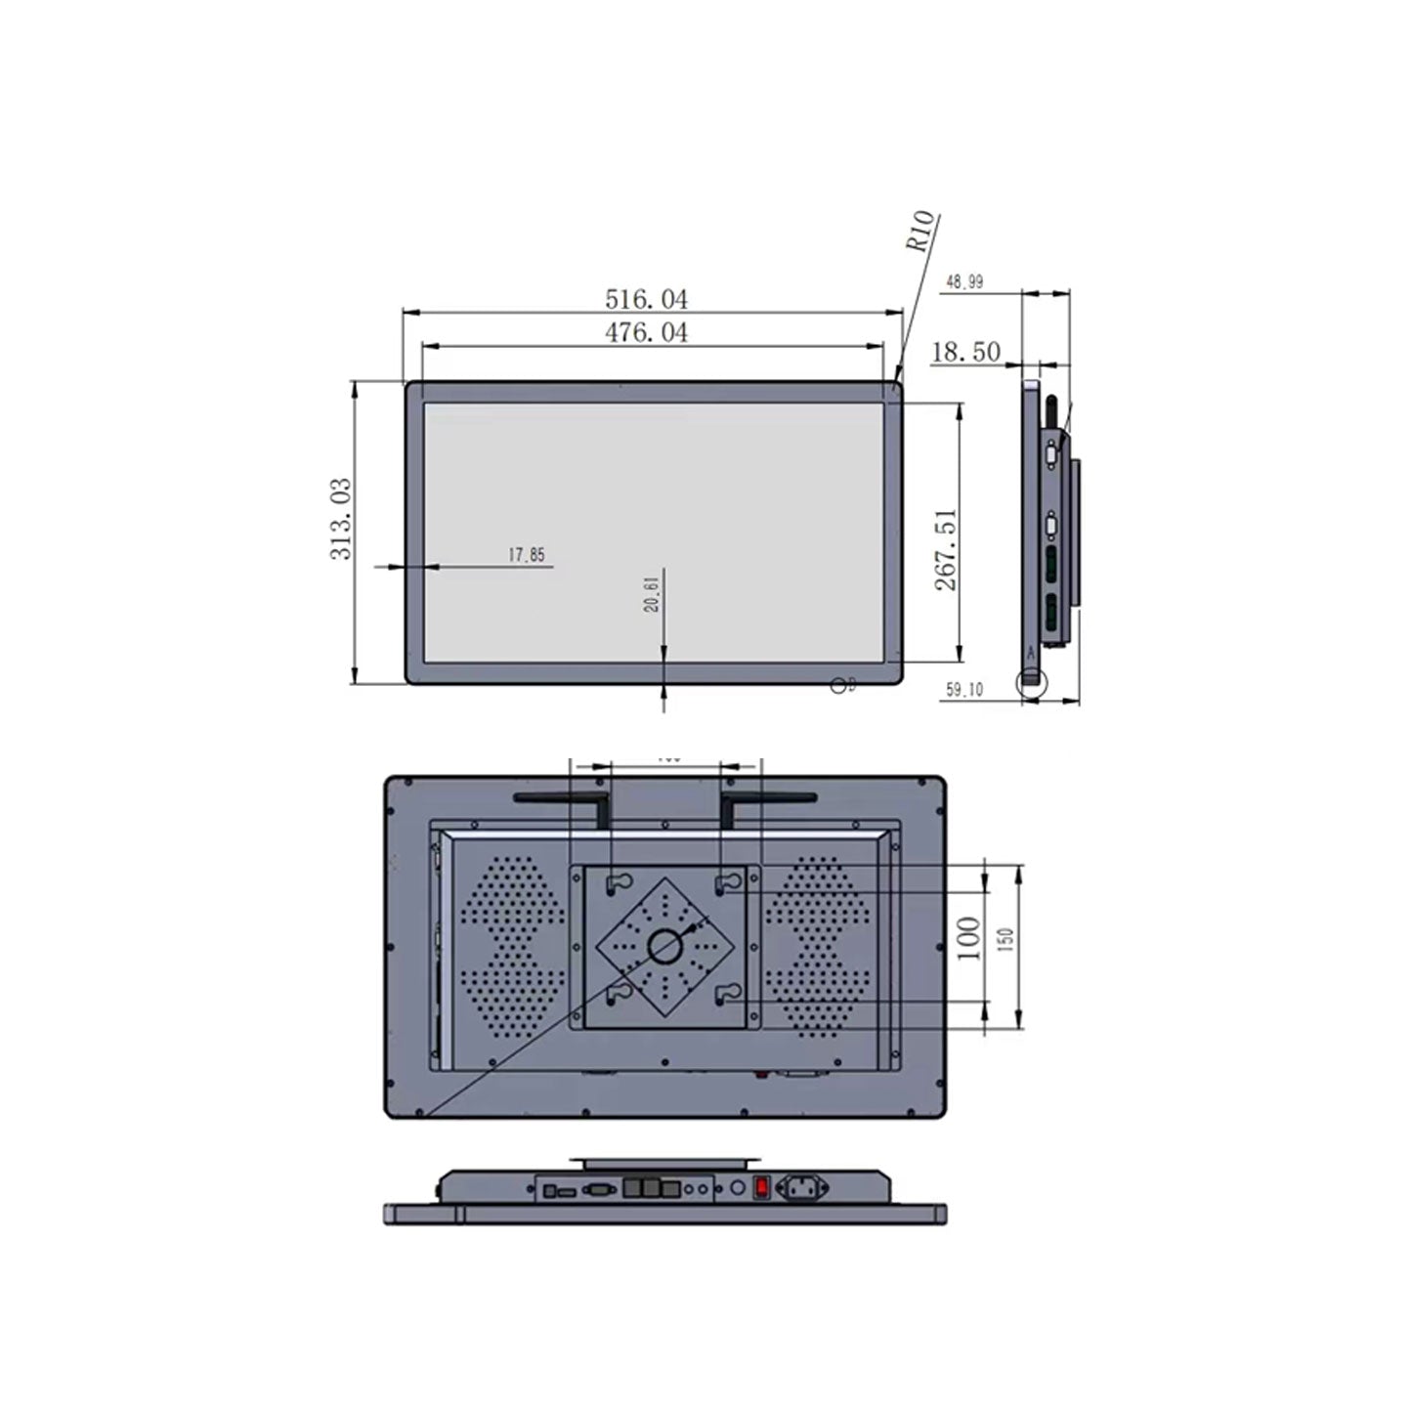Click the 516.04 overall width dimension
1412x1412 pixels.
(646, 298)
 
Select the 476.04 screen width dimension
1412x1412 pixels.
(646, 332)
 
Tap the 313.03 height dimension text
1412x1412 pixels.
(341, 519)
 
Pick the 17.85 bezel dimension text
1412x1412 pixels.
(527, 555)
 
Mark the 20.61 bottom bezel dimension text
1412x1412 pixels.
(652, 593)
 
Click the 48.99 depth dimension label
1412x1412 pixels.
(964, 282)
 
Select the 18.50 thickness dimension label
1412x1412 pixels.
(965, 352)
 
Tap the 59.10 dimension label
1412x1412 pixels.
(964, 691)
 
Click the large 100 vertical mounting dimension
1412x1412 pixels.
(968, 939)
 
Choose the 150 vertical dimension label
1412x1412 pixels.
(1008, 940)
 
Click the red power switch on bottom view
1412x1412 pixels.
(761, 1188)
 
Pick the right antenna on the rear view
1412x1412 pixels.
(764, 801)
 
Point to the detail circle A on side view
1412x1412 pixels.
(1030, 681)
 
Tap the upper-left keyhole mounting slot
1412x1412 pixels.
(616, 883)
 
